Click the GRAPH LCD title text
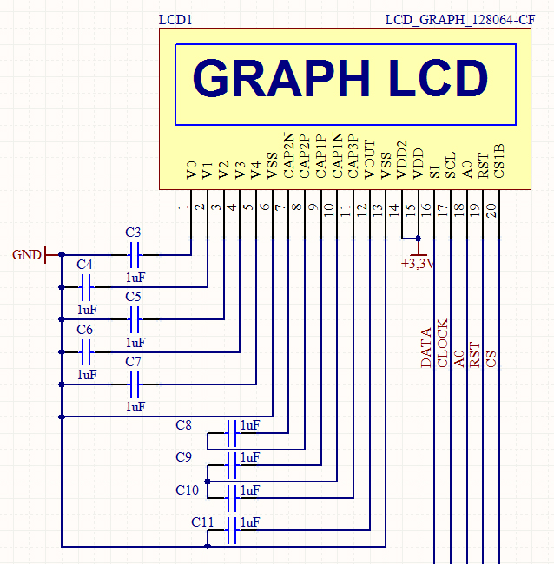click(x=340, y=78)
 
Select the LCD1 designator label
click(x=176, y=19)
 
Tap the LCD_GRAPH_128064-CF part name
click(x=453, y=19)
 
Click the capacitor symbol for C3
click(x=134, y=255)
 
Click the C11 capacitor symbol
click(x=231, y=530)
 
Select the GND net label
click(x=26, y=255)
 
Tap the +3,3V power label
click(x=418, y=264)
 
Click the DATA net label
click(x=426, y=348)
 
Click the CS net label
click(x=491, y=359)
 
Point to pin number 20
click(x=491, y=208)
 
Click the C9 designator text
click(x=183, y=457)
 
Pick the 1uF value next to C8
click(x=250, y=425)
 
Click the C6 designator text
click(x=84, y=330)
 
